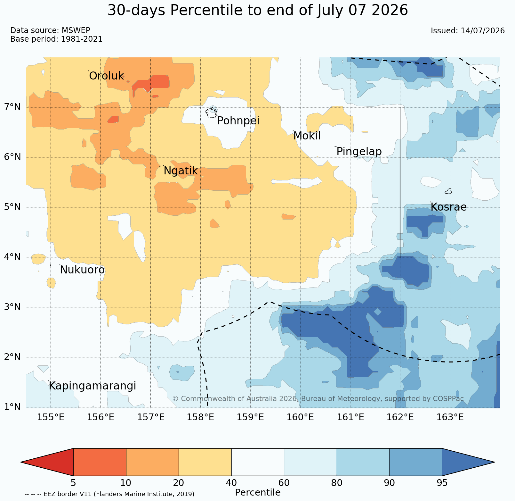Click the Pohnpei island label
coord(238,121)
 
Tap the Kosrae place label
coord(448,207)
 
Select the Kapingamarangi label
coord(93,386)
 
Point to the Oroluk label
coord(106,76)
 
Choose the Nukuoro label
coord(82,270)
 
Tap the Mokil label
coord(307,136)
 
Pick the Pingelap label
coord(359,152)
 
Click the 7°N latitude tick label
coord(12,107)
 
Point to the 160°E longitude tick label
coord(300,417)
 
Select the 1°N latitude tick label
coord(12,407)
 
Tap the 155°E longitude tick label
coord(51,417)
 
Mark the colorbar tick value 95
coord(442,483)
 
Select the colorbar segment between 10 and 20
coord(152,462)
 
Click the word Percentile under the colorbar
coord(258,492)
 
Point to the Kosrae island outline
coord(448,191)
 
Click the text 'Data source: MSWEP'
coord(50,30)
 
